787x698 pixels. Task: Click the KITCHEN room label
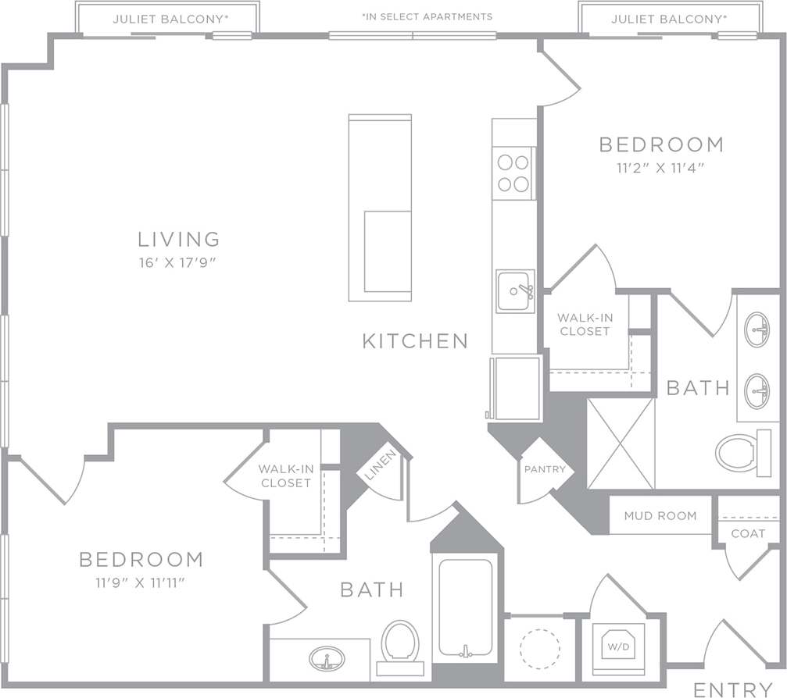pos(415,340)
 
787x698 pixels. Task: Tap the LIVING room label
pos(179,239)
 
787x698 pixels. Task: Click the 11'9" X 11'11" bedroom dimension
pos(141,582)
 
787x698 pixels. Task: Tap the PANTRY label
pos(544,470)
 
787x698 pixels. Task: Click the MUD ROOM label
pos(660,516)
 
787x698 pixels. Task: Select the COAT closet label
pos(748,533)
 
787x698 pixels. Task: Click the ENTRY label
pos(732,689)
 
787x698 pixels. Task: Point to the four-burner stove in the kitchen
pos(513,173)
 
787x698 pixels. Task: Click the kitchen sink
pos(515,291)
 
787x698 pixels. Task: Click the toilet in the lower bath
pos(400,644)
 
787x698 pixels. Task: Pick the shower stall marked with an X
pos(621,443)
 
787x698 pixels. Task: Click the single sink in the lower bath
pos(328,660)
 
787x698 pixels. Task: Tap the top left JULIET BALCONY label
pos(168,19)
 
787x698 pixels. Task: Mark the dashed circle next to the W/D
pos(539,648)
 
